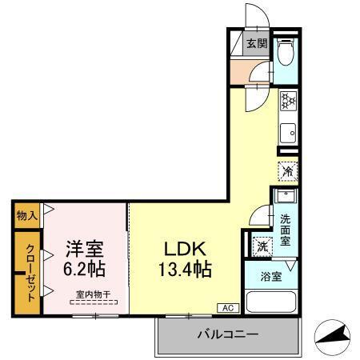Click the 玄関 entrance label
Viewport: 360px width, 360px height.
pos(255,44)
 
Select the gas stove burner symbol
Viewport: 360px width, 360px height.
pos(288,102)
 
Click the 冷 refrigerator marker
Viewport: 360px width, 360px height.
pos(287,170)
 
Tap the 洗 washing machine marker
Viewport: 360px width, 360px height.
pos(262,247)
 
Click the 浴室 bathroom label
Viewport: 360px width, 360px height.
pos(270,277)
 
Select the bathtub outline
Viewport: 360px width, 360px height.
pos(271,302)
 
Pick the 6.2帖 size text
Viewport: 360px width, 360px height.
pos(83,268)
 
